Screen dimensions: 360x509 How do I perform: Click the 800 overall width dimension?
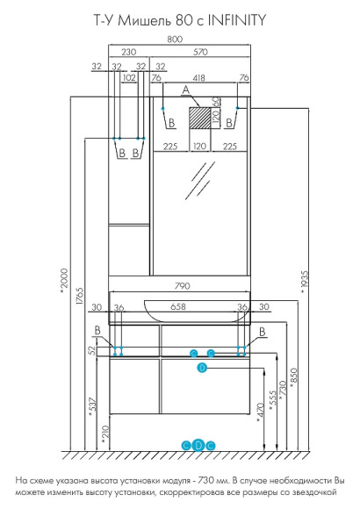175,39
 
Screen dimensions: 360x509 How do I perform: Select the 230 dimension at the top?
129,52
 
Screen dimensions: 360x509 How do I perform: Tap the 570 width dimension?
200,52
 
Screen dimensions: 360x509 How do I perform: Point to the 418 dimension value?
198,78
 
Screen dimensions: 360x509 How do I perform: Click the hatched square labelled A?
200,118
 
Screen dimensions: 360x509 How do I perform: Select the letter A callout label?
185,90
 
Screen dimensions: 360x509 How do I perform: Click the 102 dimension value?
129,78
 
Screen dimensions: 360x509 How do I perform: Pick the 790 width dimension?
183,286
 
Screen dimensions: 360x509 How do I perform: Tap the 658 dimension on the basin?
178,306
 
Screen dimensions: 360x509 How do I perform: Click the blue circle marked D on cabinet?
202,368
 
